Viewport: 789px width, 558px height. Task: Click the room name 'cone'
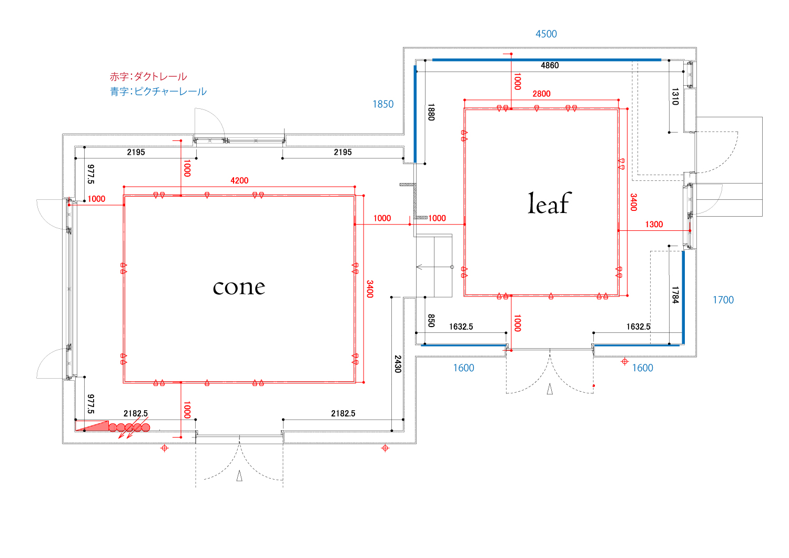click(239, 287)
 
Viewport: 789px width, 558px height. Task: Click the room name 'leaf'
click(549, 204)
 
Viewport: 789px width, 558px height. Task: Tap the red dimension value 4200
click(239, 180)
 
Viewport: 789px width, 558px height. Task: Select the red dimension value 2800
click(541, 94)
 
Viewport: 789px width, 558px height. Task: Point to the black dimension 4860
click(550, 65)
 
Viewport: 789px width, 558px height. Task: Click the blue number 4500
click(546, 34)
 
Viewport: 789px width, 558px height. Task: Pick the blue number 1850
click(383, 104)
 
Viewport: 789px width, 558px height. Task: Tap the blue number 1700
click(723, 300)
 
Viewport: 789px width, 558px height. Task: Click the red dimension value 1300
click(654, 225)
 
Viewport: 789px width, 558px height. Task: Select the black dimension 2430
click(398, 364)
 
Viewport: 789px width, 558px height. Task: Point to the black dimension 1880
click(431, 112)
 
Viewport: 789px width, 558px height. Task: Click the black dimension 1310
click(675, 96)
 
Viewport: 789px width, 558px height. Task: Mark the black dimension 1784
click(675, 295)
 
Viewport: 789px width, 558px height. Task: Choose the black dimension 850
click(431, 321)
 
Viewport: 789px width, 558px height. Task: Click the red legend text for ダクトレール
click(148, 77)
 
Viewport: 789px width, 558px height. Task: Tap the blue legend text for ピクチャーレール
click(158, 92)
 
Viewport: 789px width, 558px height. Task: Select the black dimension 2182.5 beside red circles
click(136, 413)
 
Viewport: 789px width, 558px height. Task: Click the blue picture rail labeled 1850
click(415, 113)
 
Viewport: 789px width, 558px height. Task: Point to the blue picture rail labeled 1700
click(683, 297)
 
